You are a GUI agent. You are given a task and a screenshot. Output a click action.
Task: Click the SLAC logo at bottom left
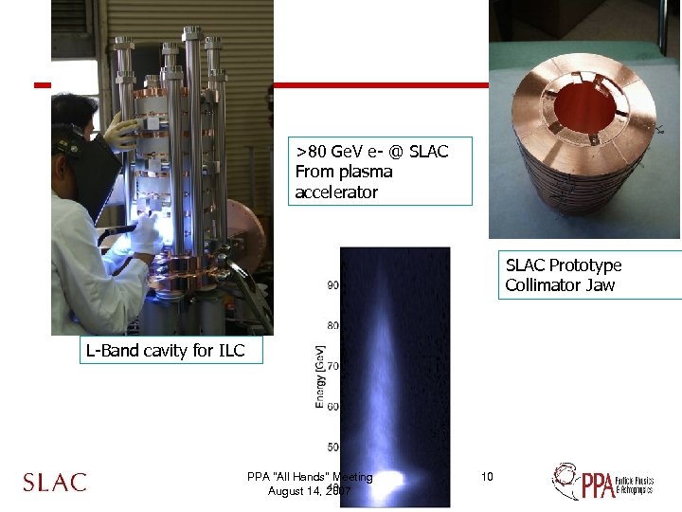(x=54, y=482)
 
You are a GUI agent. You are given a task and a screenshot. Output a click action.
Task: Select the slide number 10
(x=487, y=476)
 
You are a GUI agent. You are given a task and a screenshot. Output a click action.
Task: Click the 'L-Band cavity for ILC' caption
(x=165, y=351)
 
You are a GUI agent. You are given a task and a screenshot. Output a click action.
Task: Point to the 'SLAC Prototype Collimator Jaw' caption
(x=563, y=275)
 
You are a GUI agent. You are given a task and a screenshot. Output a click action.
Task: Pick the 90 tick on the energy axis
(x=333, y=284)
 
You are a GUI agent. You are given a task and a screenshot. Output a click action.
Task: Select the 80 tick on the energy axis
(x=333, y=325)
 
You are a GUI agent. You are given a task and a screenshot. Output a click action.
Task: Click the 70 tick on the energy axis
(x=333, y=366)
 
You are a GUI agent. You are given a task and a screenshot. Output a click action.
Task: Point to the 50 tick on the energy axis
(x=333, y=447)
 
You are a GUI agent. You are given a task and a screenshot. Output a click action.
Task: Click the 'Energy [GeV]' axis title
(x=320, y=376)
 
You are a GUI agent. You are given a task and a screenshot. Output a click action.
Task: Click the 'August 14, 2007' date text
(x=311, y=491)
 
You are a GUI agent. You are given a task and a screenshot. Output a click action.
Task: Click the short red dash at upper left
(x=41, y=85)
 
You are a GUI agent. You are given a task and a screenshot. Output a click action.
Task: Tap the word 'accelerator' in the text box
(x=336, y=192)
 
